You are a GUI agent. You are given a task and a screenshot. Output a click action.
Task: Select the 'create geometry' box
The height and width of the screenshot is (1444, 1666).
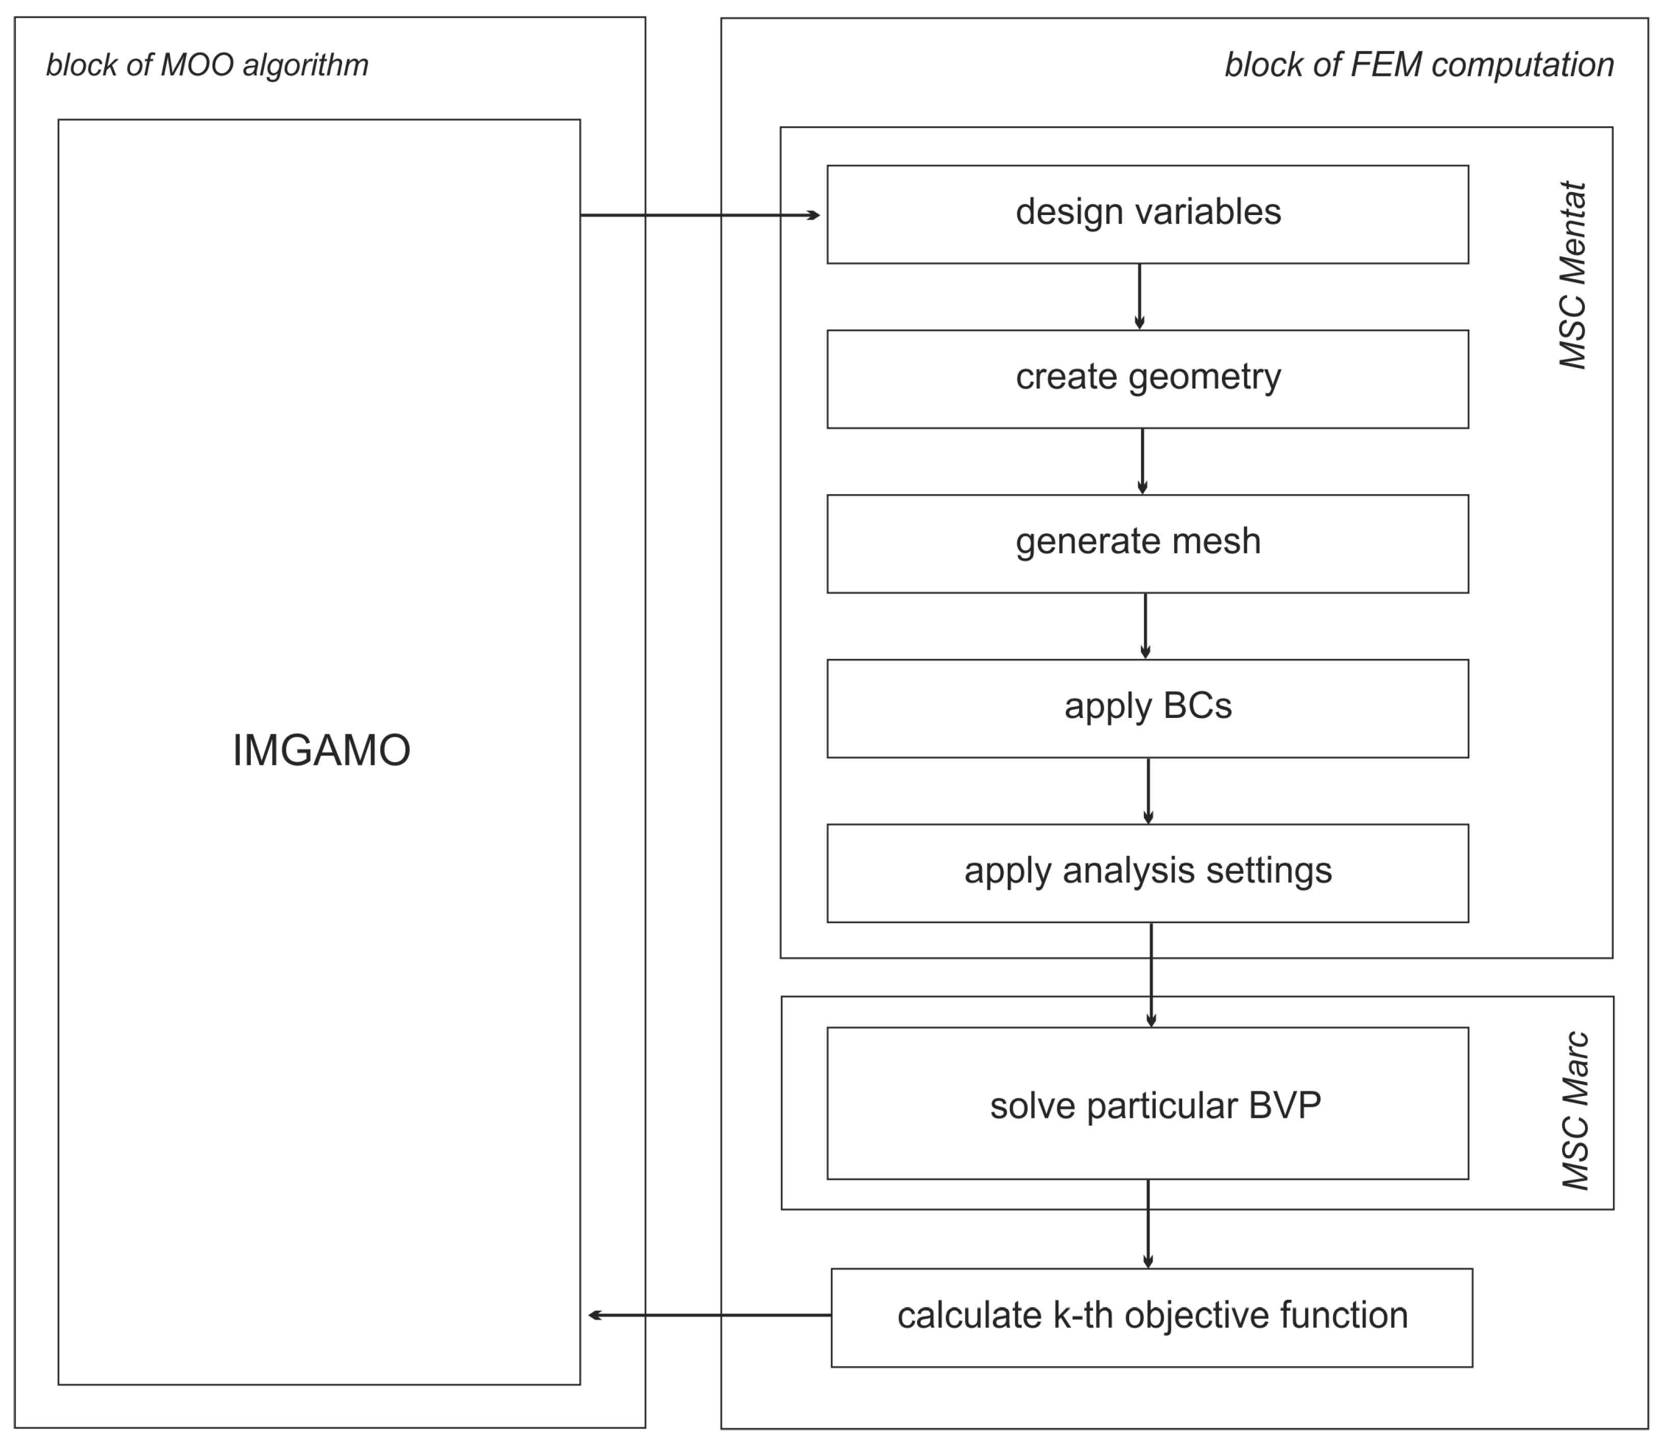click(x=1147, y=378)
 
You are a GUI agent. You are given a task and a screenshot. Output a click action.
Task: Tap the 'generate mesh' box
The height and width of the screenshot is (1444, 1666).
click(x=1147, y=543)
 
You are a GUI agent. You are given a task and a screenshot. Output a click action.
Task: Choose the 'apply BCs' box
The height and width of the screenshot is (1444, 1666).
click(x=1147, y=708)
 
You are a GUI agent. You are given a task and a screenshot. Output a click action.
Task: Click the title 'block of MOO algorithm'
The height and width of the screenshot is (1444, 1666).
click(x=206, y=65)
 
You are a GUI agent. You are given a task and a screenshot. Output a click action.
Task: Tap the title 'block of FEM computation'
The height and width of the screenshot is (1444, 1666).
click(x=1419, y=65)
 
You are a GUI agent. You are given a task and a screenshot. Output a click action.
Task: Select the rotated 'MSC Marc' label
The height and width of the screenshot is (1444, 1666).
click(x=1575, y=1110)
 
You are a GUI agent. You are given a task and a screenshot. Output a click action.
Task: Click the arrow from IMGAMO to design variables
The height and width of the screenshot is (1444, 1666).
click(x=699, y=215)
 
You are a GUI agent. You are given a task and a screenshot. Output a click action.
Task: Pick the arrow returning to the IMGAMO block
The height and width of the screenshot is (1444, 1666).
click(x=709, y=1315)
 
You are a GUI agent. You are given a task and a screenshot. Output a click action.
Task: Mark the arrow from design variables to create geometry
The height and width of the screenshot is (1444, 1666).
click(x=1139, y=296)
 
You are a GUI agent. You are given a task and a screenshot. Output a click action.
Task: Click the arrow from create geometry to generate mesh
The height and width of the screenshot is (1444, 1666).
click(x=1142, y=461)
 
